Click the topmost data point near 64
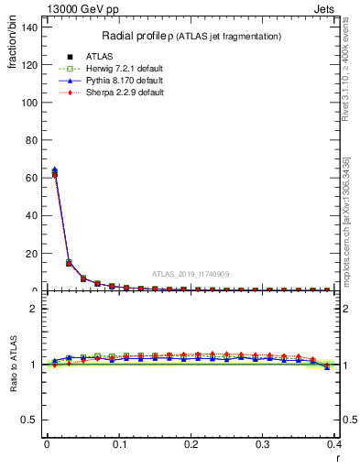(54, 170)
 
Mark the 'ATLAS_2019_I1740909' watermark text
(191, 273)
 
